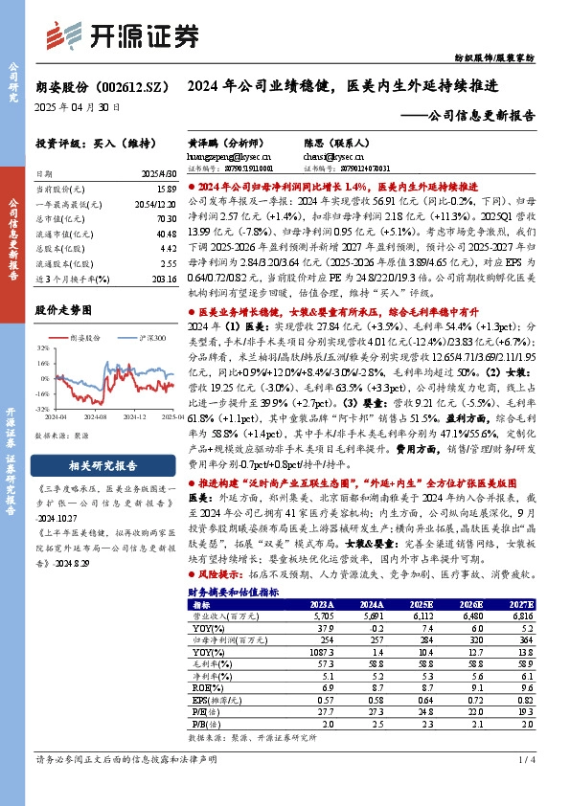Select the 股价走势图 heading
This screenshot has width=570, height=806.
[x=65, y=310]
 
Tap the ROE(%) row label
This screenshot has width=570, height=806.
[x=204, y=687]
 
